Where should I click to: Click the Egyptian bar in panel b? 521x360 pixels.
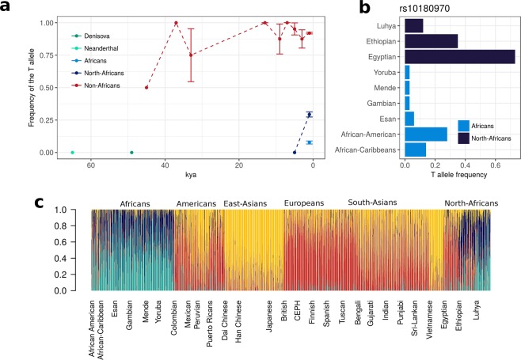[459, 56]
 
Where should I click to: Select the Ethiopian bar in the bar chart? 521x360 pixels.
[431, 40]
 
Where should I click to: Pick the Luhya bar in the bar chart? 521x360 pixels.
[413, 25]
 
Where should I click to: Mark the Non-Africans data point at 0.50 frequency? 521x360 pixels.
[146, 87]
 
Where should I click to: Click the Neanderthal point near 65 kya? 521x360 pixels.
[72, 152]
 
